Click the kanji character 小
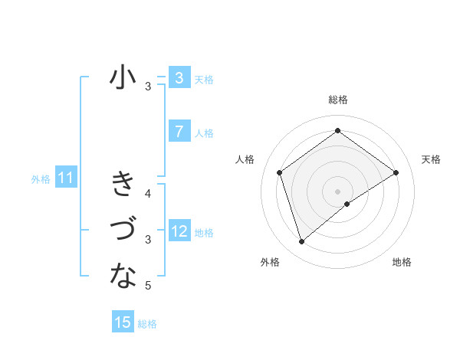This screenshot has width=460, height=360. [123, 78]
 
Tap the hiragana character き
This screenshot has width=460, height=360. [123, 185]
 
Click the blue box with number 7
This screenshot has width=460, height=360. [179, 132]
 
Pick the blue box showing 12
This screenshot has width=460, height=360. [179, 231]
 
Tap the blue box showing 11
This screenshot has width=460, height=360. [66, 178]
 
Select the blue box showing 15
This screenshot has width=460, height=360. [123, 322]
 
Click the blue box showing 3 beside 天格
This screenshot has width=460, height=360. [179, 78]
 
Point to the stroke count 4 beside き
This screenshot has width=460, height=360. [148, 194]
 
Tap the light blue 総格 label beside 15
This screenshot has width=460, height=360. [147, 324]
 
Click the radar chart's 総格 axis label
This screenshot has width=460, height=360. [337, 100]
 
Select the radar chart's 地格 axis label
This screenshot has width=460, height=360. [402, 263]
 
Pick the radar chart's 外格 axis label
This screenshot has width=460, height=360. [270, 263]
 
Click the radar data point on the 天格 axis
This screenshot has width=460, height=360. [396, 172]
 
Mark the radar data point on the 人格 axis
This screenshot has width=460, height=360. [280, 172]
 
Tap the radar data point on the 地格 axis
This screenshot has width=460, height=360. [347, 204]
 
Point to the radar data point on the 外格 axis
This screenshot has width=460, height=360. [302, 242]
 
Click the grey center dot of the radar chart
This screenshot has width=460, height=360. [337, 191]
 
